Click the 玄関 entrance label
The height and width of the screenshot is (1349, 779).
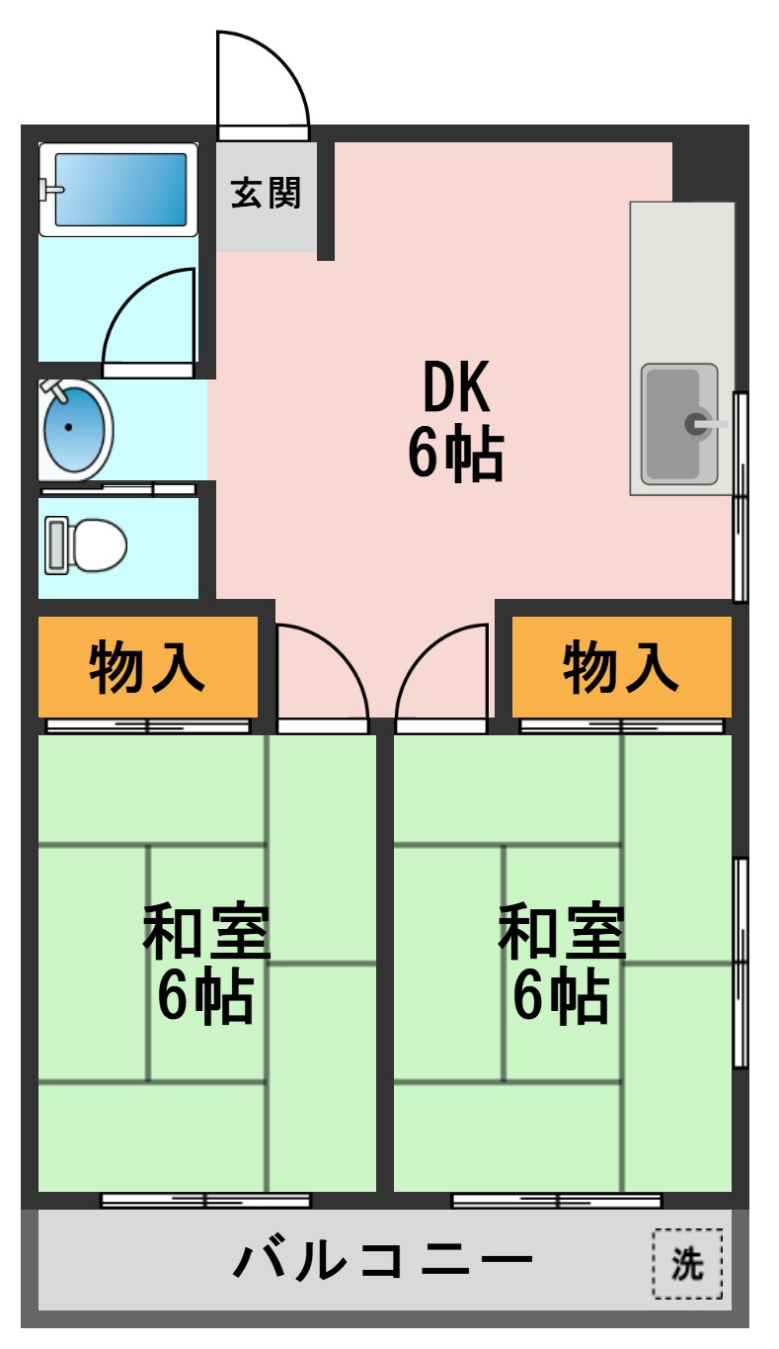[266, 193]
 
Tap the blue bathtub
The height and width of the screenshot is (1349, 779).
[118, 189]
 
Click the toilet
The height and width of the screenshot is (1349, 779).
[87, 546]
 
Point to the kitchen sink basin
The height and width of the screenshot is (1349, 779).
[677, 424]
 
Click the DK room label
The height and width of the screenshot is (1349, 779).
[455, 387]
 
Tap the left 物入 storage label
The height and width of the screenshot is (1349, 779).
[147, 667]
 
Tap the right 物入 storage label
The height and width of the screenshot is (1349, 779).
[621, 667]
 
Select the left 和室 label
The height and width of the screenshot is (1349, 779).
[205, 932]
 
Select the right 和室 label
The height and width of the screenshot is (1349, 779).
[561, 932]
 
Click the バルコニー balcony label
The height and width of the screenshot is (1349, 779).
[385, 1260]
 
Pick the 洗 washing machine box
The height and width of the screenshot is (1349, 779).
[687, 1262]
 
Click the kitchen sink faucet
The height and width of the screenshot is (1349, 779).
[703, 424]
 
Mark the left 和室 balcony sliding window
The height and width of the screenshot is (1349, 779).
[205, 1201]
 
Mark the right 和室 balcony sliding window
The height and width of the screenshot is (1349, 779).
[557, 1201]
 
